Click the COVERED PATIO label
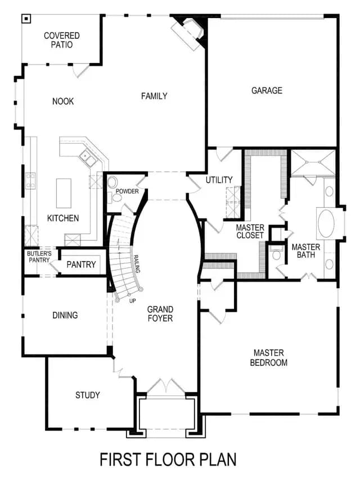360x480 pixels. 62,40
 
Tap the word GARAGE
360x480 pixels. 267,91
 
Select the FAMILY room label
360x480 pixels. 154,96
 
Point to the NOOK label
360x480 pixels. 63,101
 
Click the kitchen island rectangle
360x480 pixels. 64,194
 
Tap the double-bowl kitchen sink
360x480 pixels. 87,159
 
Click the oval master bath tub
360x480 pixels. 326,223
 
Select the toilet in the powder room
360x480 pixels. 116,197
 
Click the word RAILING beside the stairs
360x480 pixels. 137,264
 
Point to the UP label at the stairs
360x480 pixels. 132,301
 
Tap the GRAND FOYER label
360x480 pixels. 160,314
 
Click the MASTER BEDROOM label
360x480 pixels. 268,357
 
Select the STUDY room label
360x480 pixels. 88,395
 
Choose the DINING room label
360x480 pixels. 65,315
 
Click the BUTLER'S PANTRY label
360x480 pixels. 39,257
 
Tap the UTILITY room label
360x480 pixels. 219,180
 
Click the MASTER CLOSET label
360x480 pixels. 250,231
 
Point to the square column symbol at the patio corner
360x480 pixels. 26,19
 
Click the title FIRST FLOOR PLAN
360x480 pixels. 168,460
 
